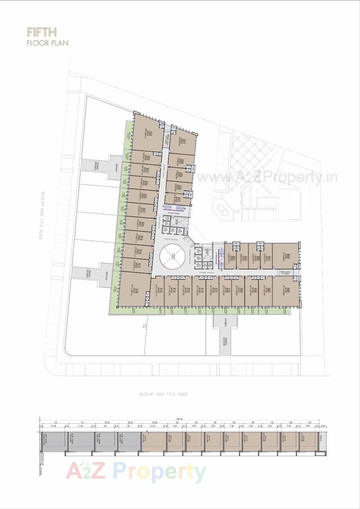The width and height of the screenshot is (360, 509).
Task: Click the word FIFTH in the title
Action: pos(42,32)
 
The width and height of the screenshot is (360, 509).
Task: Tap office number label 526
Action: pos(151,134)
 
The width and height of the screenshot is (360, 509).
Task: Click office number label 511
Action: pos(216,290)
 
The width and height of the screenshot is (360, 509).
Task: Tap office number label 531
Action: pos(179,200)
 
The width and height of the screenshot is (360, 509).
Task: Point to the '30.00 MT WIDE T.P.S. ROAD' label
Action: pos(163,394)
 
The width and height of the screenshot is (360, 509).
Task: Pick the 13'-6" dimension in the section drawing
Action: pos(154,423)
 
